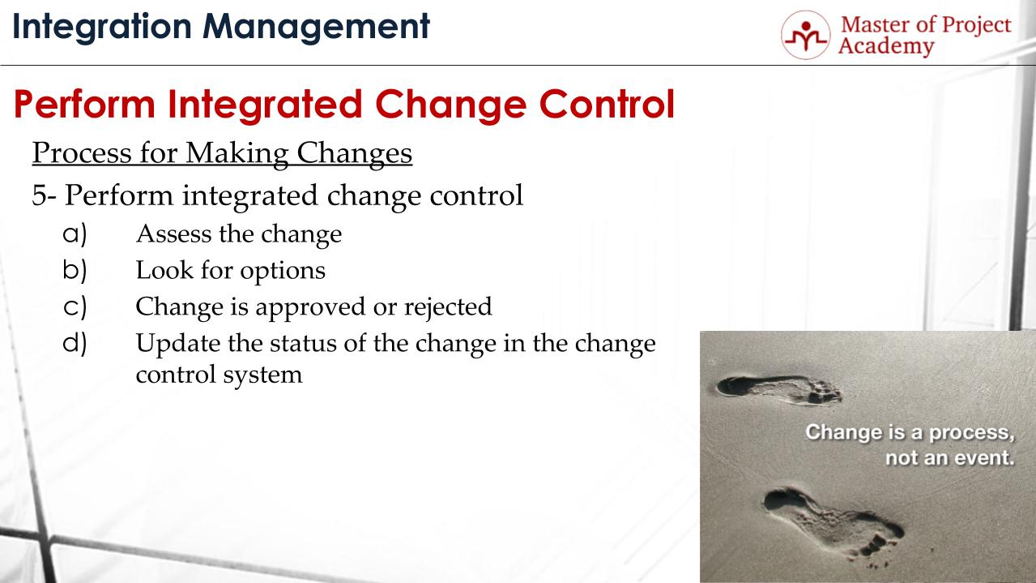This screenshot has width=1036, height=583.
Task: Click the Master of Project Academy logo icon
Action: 806,35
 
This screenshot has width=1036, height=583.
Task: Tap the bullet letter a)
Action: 75,234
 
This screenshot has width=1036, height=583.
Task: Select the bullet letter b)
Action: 75,269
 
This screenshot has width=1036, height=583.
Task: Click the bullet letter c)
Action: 75,306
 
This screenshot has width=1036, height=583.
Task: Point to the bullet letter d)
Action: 75,342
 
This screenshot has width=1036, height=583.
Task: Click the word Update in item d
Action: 168,343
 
